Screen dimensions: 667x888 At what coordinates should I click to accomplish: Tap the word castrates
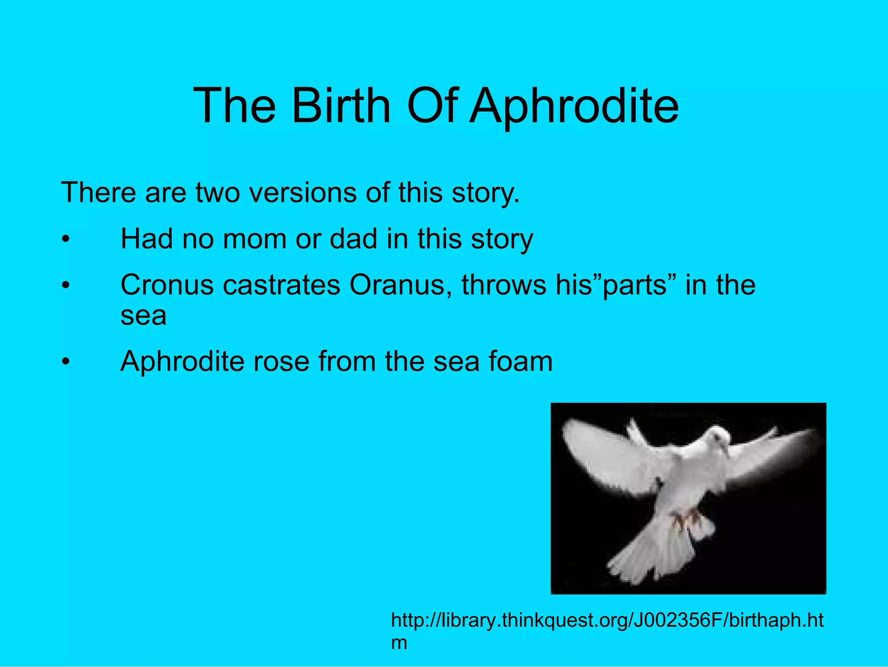pyautogui.click(x=281, y=285)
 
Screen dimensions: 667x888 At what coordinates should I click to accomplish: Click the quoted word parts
pyautogui.click(x=634, y=286)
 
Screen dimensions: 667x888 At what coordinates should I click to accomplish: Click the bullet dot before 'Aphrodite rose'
pyautogui.click(x=65, y=362)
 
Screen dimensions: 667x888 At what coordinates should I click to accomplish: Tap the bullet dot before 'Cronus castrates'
pyautogui.click(x=65, y=286)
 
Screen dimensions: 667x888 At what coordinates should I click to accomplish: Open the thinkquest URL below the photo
pyautogui.click(x=607, y=621)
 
